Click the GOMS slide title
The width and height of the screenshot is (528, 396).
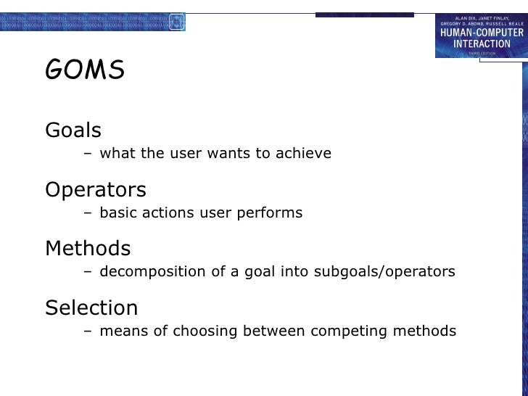(x=85, y=71)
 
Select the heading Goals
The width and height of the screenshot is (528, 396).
(x=73, y=131)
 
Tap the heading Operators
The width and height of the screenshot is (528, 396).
(x=96, y=190)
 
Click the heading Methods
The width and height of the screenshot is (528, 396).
(x=88, y=249)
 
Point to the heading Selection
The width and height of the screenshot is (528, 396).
(x=91, y=308)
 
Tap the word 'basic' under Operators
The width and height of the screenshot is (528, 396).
(x=117, y=213)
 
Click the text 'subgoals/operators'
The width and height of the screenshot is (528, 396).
(x=384, y=272)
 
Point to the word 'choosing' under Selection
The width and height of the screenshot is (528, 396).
(x=205, y=331)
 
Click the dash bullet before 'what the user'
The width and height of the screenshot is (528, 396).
(x=88, y=154)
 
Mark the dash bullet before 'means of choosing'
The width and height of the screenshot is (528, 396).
(x=88, y=331)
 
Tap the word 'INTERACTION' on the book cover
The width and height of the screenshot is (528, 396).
(x=482, y=44)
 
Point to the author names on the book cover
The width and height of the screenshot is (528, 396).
(x=482, y=21)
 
